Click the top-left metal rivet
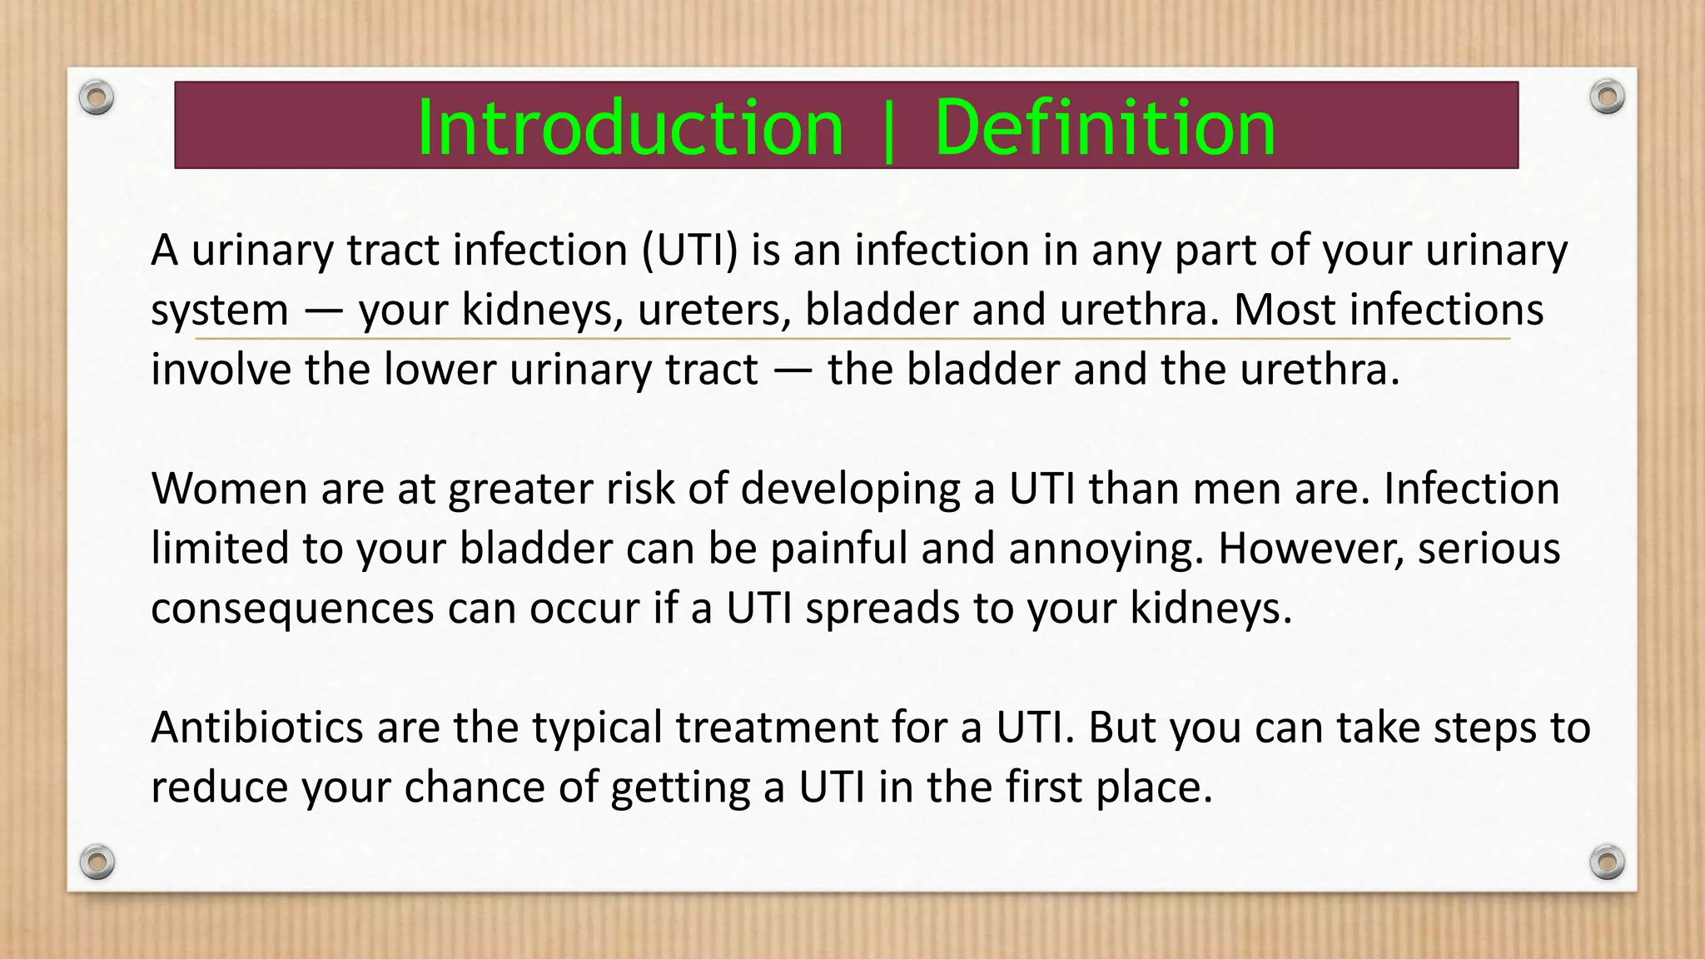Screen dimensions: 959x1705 [97, 98]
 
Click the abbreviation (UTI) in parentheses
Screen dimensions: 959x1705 [689, 251]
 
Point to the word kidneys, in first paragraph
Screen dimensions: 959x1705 [542, 311]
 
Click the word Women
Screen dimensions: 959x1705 [229, 489]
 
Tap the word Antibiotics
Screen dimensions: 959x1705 [256, 728]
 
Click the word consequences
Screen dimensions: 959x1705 [292, 609]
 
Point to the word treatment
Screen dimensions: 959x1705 [776, 728]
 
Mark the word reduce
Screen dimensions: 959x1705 [219, 788]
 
